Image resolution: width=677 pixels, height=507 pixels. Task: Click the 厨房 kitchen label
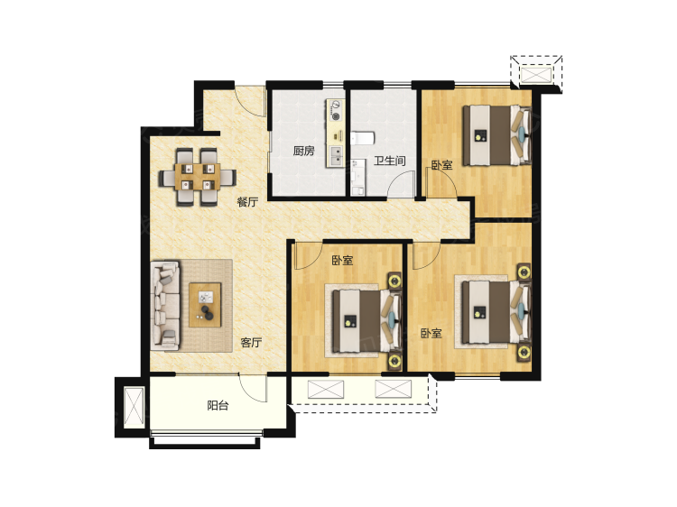(x=303, y=151)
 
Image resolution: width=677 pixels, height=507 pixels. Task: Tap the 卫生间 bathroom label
(x=389, y=161)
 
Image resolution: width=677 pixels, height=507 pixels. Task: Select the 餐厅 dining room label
(x=248, y=202)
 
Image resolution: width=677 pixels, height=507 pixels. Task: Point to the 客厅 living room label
(x=251, y=343)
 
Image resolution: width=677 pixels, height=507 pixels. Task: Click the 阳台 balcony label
(x=218, y=406)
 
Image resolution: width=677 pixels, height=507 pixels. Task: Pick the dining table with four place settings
(x=198, y=177)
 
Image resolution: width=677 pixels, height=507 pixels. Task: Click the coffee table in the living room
(x=205, y=305)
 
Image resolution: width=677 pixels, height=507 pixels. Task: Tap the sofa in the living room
(x=165, y=305)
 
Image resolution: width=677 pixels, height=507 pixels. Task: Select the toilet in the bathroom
(x=362, y=139)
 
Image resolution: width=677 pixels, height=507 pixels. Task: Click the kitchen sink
(x=336, y=156)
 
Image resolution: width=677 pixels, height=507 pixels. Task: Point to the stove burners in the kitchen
(x=336, y=109)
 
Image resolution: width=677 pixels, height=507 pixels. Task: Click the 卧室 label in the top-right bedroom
(x=441, y=165)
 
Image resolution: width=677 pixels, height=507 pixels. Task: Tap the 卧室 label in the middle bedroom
(x=342, y=261)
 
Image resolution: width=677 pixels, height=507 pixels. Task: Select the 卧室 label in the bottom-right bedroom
(x=431, y=334)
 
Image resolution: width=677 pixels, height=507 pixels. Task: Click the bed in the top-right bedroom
(x=497, y=135)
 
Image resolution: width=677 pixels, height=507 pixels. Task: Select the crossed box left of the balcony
(x=134, y=408)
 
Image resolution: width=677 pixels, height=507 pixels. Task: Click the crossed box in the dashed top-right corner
(x=537, y=74)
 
